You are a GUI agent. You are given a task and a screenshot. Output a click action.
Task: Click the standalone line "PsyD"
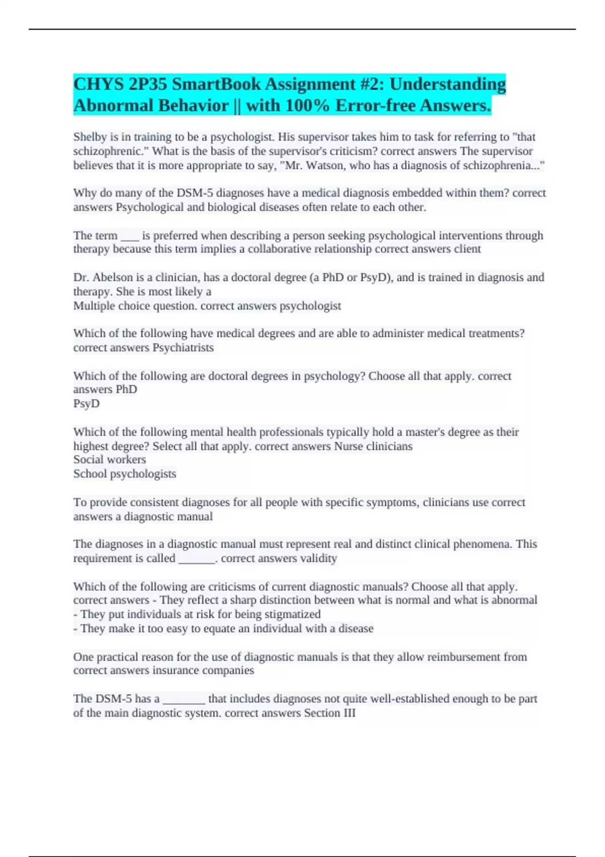tap(86, 404)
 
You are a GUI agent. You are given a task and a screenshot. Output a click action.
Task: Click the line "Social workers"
tap(109, 460)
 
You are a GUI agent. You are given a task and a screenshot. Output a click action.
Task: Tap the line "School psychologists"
tap(125, 474)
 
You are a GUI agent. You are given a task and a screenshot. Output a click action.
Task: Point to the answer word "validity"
tap(318, 559)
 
